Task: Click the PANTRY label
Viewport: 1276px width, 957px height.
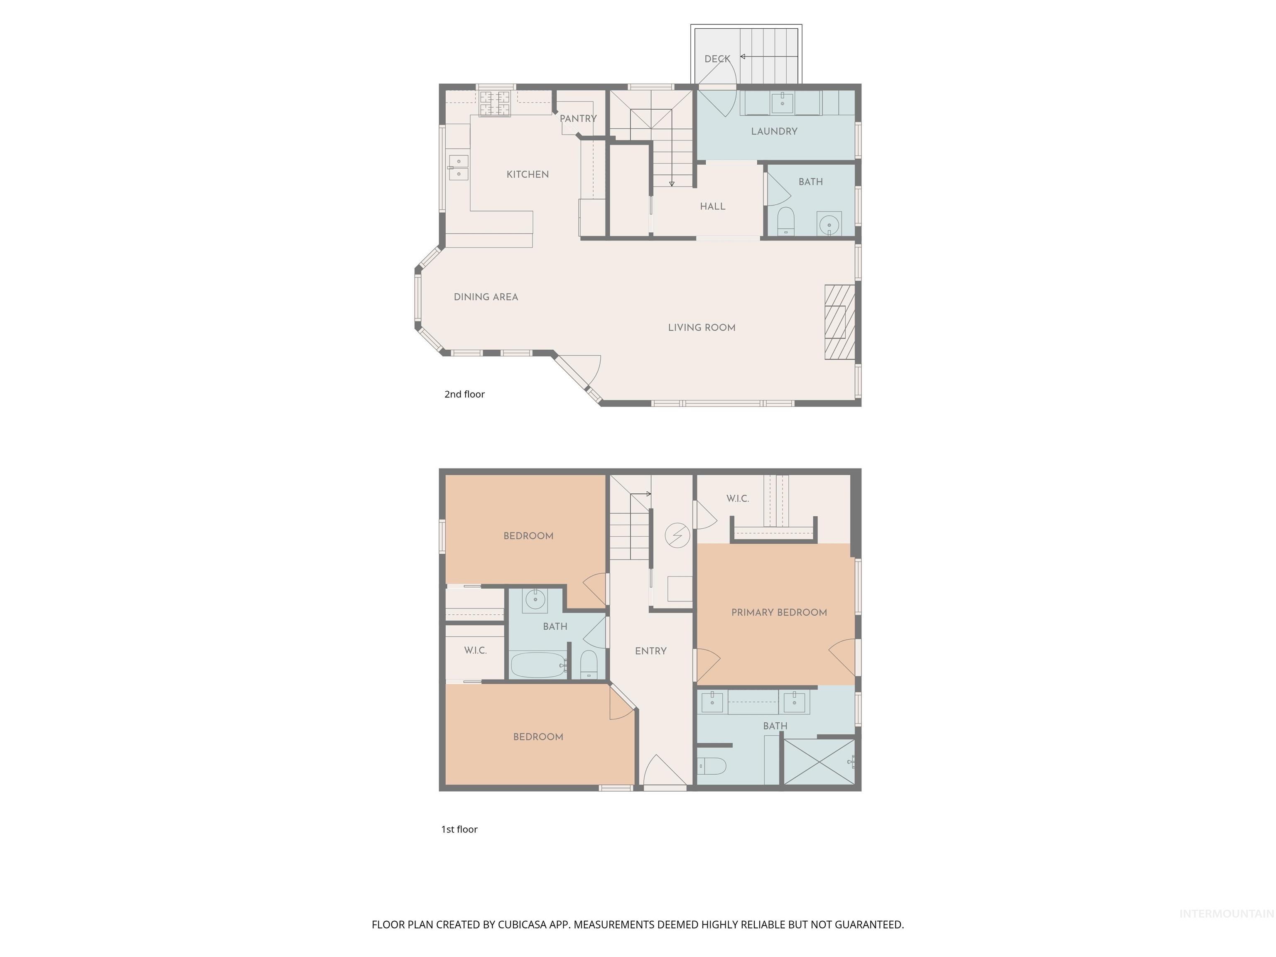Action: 578,119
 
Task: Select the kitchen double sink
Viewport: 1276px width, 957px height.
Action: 459,167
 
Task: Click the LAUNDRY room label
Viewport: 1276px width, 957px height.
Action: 774,132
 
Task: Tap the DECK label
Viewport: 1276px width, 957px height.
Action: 717,59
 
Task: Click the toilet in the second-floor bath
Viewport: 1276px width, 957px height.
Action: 786,221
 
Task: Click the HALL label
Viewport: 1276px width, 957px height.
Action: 712,206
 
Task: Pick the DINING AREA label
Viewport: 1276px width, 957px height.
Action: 486,297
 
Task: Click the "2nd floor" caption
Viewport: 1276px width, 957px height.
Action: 464,395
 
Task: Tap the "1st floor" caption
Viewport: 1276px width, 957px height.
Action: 459,829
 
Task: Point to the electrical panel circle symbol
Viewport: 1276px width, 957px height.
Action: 677,535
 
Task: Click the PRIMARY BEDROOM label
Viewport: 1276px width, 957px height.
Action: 779,613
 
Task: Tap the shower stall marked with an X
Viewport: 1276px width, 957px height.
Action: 819,762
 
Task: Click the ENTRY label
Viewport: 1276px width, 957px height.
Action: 651,651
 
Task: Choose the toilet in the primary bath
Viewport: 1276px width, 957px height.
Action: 712,766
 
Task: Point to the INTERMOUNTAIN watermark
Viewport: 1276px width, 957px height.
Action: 1226,914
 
